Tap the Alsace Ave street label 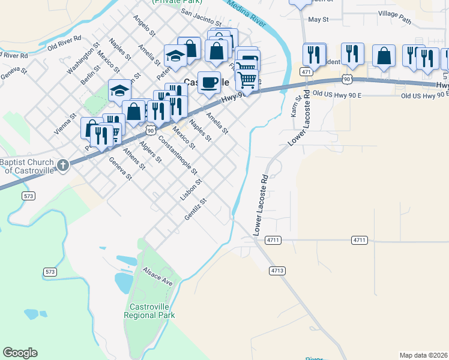point(158,278)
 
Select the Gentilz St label point(196,209)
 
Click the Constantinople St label point(178,155)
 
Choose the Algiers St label point(150,152)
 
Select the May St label point(318,19)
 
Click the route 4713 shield point(277,271)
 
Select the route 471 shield point(307,72)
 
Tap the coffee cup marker point(209,82)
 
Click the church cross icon point(63,163)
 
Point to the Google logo point(20,353)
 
